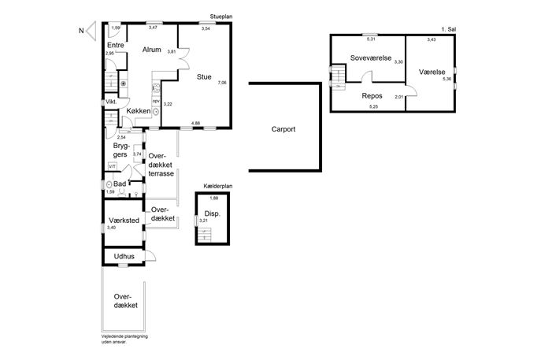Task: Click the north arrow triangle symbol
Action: tap(91, 31)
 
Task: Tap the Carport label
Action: tap(283, 129)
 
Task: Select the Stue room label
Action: tap(204, 77)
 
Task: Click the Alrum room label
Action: tap(152, 50)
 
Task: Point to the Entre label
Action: tap(116, 45)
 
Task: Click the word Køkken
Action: tap(139, 111)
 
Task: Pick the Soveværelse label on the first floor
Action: tap(371, 58)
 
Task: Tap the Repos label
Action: tap(372, 96)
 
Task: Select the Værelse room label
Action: tap(432, 72)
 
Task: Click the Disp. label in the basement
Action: tap(212, 213)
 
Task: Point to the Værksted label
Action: tap(124, 221)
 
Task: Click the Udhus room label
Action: tap(124, 257)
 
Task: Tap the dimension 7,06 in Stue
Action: tap(222, 83)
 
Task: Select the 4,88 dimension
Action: tap(195, 123)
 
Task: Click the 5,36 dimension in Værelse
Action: tap(447, 79)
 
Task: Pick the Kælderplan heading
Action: tap(217, 186)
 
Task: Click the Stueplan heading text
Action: tap(220, 17)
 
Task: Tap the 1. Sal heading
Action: tap(449, 30)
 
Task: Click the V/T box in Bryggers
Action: tap(113, 166)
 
